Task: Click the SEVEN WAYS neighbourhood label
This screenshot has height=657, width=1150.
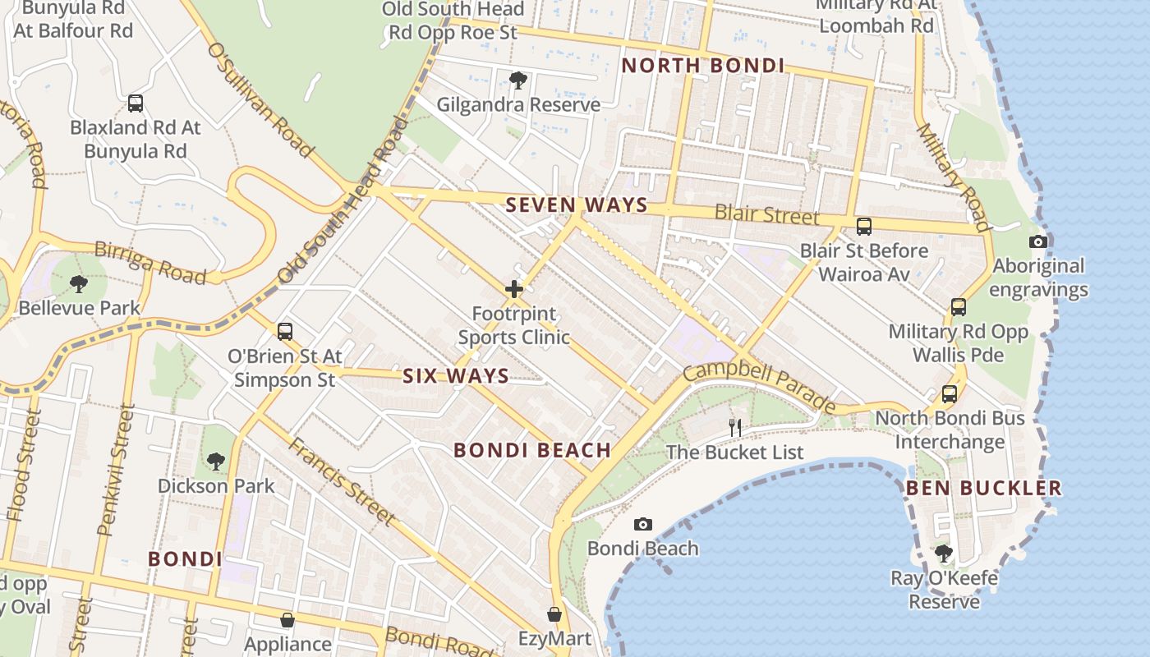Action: click(577, 205)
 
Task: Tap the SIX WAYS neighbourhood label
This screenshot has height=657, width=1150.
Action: click(455, 376)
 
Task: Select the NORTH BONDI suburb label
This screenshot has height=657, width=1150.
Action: click(702, 66)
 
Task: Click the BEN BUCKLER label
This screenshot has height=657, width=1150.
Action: click(983, 489)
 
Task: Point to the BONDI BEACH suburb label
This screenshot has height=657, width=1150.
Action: click(532, 450)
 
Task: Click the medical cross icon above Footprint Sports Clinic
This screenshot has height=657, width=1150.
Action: click(514, 289)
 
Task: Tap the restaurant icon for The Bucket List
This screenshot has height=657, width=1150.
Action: click(735, 427)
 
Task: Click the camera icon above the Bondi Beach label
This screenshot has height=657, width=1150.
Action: click(643, 524)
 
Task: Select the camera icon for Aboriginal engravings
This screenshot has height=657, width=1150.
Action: click(1038, 241)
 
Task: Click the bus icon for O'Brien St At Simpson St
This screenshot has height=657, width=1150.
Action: click(285, 332)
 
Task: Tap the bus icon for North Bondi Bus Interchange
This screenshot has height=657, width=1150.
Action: click(950, 394)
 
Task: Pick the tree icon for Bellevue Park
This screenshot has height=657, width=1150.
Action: click(79, 284)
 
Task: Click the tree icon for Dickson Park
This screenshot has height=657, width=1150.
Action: click(216, 462)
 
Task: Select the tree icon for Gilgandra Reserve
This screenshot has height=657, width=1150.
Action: click(518, 80)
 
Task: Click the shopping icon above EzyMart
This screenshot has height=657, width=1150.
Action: click(554, 614)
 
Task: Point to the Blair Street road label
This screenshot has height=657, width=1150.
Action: click(766, 215)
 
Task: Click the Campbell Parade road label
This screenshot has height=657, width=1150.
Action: click(759, 388)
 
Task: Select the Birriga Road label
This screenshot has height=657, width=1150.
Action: click(149, 262)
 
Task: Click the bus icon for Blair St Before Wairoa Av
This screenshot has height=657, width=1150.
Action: click(864, 227)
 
